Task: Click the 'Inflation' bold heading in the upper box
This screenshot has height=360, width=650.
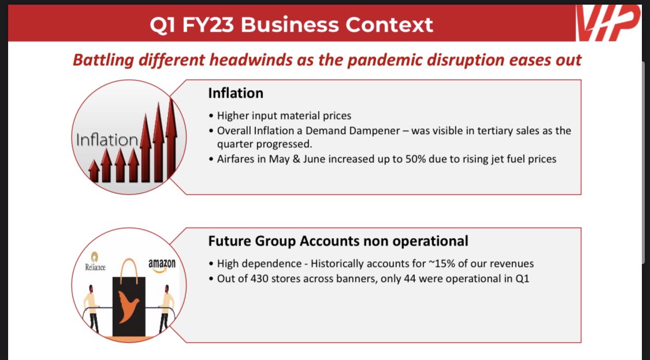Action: (x=235, y=93)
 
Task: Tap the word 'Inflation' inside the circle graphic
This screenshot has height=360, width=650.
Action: (x=107, y=139)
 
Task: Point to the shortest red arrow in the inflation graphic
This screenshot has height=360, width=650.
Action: (x=93, y=171)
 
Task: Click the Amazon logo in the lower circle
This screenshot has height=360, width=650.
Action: (x=161, y=265)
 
